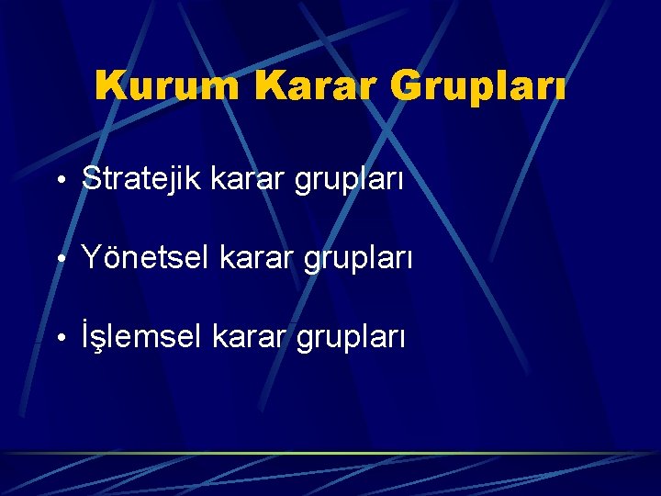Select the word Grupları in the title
coord(478,87)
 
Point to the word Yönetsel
coord(147,258)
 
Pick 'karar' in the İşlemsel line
coord(251,337)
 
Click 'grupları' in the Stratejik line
coord(349,181)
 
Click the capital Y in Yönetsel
coord(91,258)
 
